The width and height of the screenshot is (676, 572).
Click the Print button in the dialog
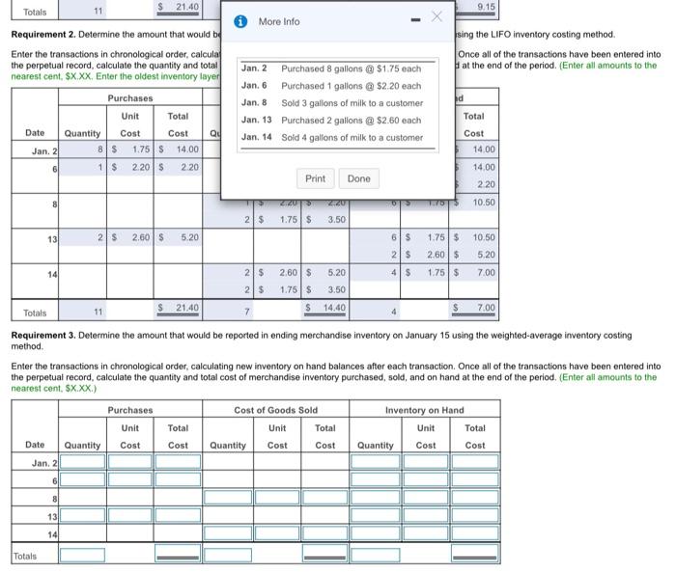pyautogui.click(x=315, y=178)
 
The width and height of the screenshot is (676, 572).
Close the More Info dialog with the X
pyautogui.click(x=436, y=17)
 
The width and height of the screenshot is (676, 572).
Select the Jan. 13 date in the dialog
pyautogui.click(x=256, y=120)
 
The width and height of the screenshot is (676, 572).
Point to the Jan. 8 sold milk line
pyautogui.click(x=352, y=102)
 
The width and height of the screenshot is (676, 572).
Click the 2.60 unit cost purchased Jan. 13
pyautogui.click(x=140, y=236)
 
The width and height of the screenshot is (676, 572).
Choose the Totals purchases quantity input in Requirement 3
pyautogui.click(x=83, y=555)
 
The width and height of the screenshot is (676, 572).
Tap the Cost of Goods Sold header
pyautogui.click(x=275, y=410)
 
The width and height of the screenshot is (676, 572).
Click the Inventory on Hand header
pyautogui.click(x=424, y=410)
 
